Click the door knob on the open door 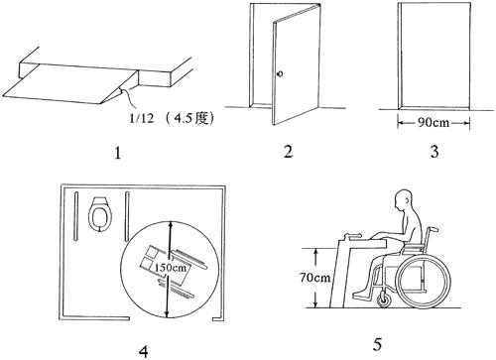[x=281, y=73]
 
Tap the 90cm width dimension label [x=434, y=123]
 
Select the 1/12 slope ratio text [x=141, y=118]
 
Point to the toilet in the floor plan [x=99, y=214]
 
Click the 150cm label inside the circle [x=171, y=267]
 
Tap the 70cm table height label [x=314, y=277]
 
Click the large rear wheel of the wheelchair [x=423, y=282]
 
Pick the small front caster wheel [x=384, y=300]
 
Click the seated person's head [x=404, y=200]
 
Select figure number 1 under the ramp [x=118, y=154]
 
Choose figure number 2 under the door [x=288, y=152]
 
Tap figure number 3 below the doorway [x=434, y=152]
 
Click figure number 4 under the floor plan [x=144, y=351]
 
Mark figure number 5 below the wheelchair [x=377, y=344]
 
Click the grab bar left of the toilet [x=75, y=216]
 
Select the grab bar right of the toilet [x=126, y=216]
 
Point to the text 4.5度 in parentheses [x=192, y=118]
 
